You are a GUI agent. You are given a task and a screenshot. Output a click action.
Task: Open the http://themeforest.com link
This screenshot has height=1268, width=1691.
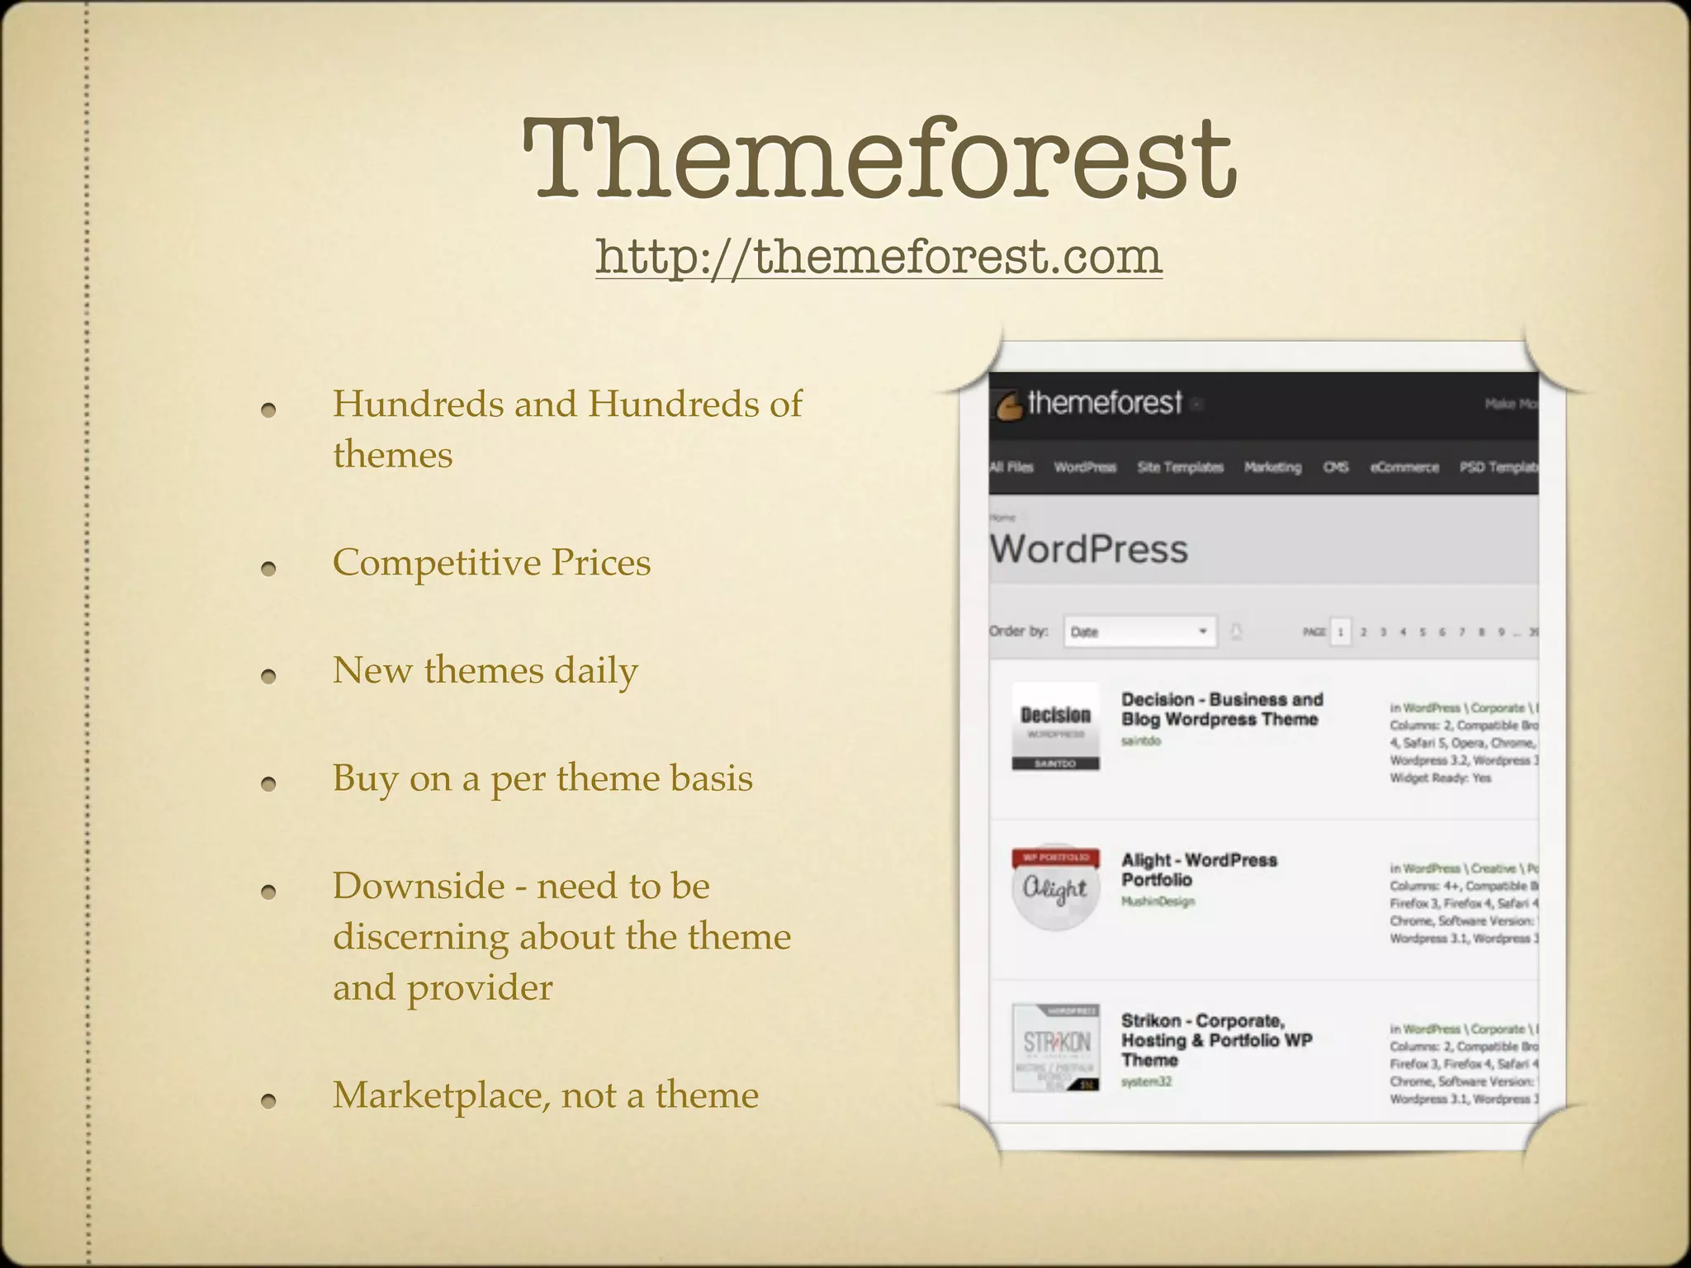click(879, 256)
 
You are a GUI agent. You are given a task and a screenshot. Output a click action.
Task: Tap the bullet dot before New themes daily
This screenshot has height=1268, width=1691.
click(268, 676)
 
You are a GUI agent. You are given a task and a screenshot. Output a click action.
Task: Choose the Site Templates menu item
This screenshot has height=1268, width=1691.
click(1180, 467)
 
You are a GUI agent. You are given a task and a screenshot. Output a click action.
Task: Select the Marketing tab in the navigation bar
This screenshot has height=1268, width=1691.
click(1272, 467)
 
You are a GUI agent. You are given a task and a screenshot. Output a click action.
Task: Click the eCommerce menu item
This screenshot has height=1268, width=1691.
click(1404, 467)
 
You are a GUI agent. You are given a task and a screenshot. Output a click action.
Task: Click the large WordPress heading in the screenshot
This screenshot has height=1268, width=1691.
click(1089, 550)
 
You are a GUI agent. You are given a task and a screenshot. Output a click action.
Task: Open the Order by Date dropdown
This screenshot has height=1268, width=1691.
click(1139, 632)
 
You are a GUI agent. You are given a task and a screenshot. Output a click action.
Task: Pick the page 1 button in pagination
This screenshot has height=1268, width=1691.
click(1340, 632)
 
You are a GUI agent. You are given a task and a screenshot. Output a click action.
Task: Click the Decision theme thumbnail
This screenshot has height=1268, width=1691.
click(1055, 726)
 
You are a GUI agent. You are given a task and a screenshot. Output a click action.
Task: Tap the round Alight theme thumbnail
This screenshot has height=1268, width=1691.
click(1055, 888)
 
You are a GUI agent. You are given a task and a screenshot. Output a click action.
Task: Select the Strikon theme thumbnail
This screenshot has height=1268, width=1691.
click(1055, 1048)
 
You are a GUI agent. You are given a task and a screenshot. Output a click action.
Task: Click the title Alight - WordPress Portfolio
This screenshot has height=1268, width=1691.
click(1198, 870)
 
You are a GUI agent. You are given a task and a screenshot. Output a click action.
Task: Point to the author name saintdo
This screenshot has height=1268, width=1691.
click(1140, 741)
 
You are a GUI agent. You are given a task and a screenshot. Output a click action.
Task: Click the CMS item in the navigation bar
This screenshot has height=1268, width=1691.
click(1335, 467)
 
